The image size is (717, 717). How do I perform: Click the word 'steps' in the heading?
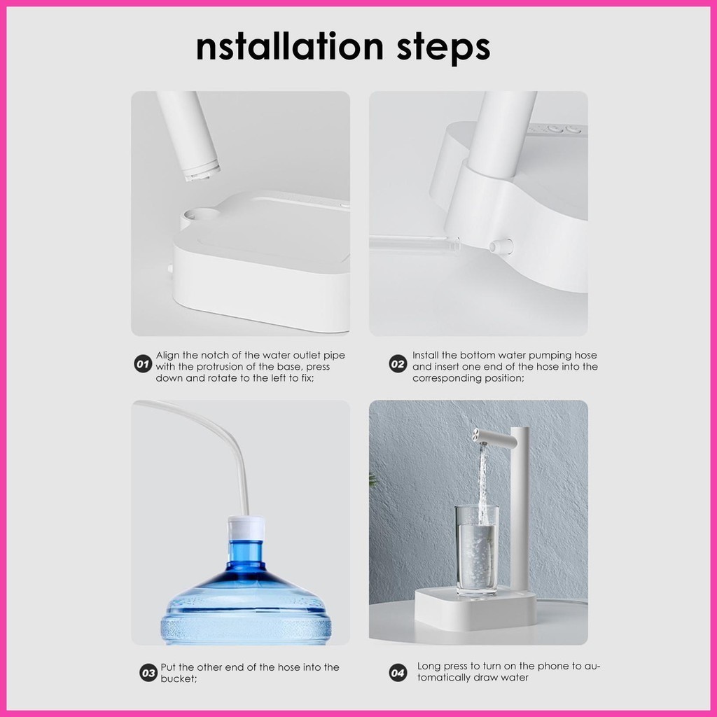(443, 47)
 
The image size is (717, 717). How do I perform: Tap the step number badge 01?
(143, 364)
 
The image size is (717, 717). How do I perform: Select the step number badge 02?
(398, 364)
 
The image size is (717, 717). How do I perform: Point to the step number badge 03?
(148, 673)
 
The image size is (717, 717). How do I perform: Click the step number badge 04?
(398, 673)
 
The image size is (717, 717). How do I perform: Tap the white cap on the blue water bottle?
(246, 529)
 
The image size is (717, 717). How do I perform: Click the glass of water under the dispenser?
(478, 550)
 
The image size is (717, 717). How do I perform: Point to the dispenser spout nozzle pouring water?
(480, 436)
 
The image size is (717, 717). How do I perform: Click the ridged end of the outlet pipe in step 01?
(201, 172)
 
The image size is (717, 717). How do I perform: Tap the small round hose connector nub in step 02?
(501, 246)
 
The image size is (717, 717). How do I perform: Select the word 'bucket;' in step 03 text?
(179, 679)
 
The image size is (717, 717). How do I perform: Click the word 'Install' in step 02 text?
(426, 355)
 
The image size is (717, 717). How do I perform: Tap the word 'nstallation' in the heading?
(289, 47)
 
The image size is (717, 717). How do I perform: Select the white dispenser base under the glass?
(475, 609)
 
